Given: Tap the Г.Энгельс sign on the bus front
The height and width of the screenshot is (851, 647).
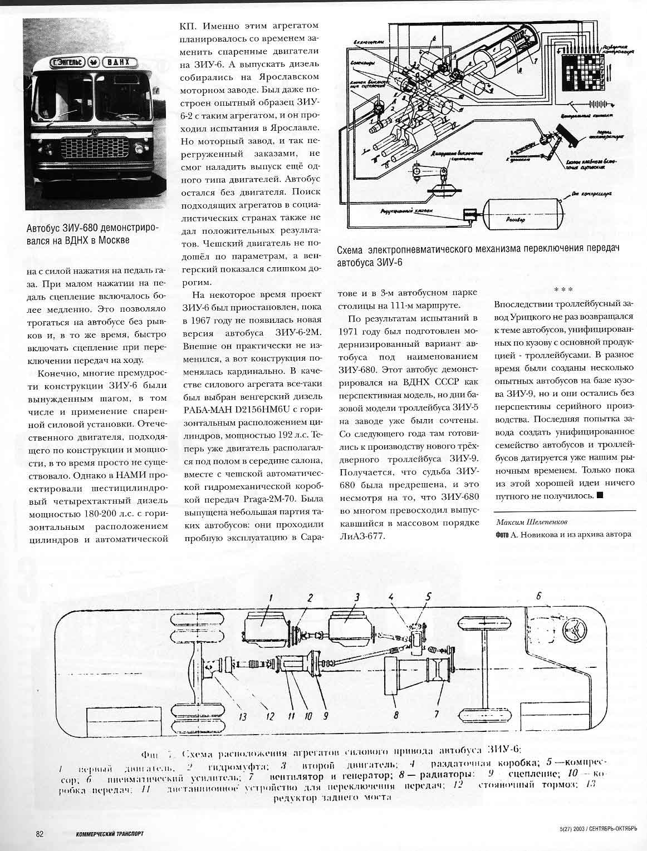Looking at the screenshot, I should [x=63, y=63].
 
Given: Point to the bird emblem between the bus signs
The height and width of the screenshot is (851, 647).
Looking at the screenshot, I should [x=94, y=63].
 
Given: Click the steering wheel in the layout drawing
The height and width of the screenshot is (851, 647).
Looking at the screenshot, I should [x=574, y=631].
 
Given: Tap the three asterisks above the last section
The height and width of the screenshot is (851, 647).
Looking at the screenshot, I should [x=564, y=289].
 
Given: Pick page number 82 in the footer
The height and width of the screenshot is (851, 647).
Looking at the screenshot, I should [x=40, y=833].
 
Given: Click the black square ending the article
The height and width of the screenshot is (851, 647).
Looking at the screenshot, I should [x=599, y=494].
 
